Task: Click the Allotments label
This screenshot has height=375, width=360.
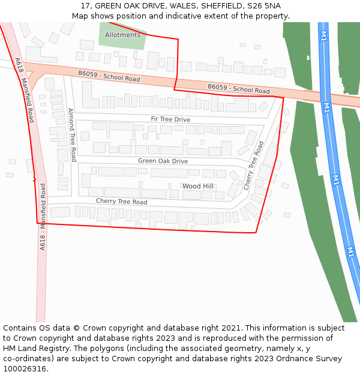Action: click(x=122, y=35)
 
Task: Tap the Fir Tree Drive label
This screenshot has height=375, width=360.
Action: click(x=170, y=119)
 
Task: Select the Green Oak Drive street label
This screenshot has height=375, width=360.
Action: click(x=163, y=161)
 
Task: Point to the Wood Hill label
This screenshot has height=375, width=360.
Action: click(x=197, y=186)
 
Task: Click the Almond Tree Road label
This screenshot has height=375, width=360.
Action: click(x=72, y=134)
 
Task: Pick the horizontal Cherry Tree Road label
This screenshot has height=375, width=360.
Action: click(x=121, y=202)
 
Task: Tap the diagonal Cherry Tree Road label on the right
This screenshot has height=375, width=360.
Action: click(x=254, y=166)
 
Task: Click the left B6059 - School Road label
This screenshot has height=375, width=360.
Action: click(x=109, y=76)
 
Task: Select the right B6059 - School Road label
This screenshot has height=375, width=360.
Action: click(x=239, y=89)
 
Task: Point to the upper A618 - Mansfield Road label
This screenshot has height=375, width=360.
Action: click(x=24, y=90)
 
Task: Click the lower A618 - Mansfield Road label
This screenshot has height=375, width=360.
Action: click(x=43, y=217)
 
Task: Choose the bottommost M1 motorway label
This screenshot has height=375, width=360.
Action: click(x=350, y=251)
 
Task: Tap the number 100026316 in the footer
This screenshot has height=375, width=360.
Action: click(x=24, y=368)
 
